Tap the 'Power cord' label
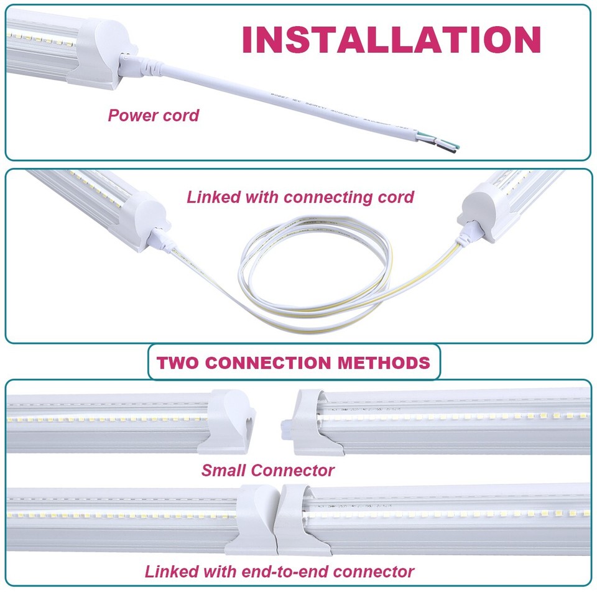(153, 115)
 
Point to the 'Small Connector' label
(267, 470)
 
